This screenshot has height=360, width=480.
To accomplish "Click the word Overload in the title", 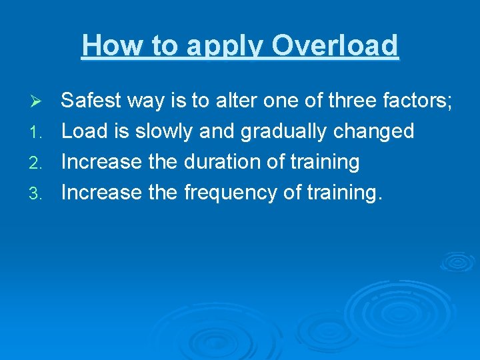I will click(x=335, y=46).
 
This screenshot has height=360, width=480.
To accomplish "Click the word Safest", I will click(x=91, y=101).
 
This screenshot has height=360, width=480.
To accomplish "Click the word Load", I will click(x=84, y=131).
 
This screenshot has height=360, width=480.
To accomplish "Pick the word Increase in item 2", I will click(x=101, y=162).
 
